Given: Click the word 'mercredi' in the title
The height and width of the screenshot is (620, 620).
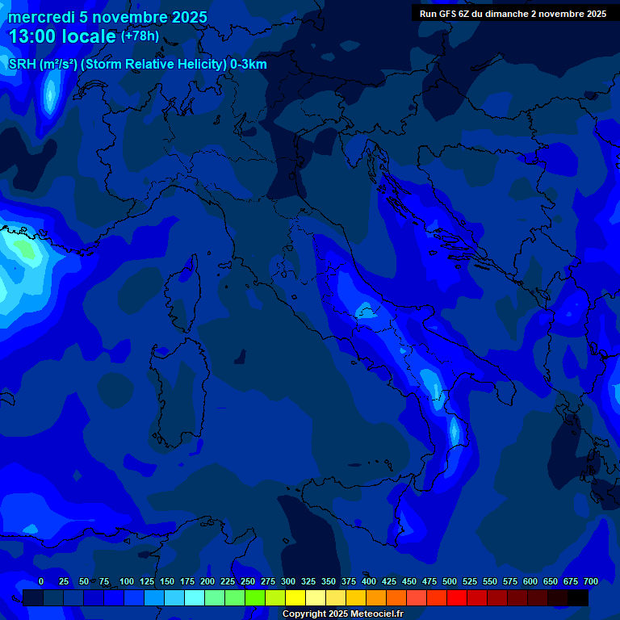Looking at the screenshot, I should [x=40, y=17].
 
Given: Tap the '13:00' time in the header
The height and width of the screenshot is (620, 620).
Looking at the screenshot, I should [x=31, y=36].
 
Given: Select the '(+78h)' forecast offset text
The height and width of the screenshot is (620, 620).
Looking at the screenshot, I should [x=139, y=36].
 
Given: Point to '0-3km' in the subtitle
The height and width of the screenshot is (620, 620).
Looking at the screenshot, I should [x=248, y=65].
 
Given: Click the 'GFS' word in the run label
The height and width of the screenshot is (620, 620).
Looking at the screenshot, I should [x=450, y=14].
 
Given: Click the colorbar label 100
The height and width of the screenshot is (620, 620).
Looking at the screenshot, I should [x=127, y=582].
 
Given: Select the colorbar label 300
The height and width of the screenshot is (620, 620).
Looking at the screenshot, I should [x=288, y=582].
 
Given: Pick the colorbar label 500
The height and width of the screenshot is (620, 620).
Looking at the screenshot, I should [x=450, y=582].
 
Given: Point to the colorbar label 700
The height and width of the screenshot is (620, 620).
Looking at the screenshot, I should [x=591, y=582].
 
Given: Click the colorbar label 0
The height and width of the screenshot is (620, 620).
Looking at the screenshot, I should [x=41, y=582].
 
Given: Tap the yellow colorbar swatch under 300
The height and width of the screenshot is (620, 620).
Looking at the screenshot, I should [x=295, y=597].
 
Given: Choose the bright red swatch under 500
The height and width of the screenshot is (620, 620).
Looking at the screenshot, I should [x=457, y=597].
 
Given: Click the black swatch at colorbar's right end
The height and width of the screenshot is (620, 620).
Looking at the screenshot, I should [x=578, y=597].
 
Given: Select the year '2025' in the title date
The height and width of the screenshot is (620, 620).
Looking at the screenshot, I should [x=186, y=17].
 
